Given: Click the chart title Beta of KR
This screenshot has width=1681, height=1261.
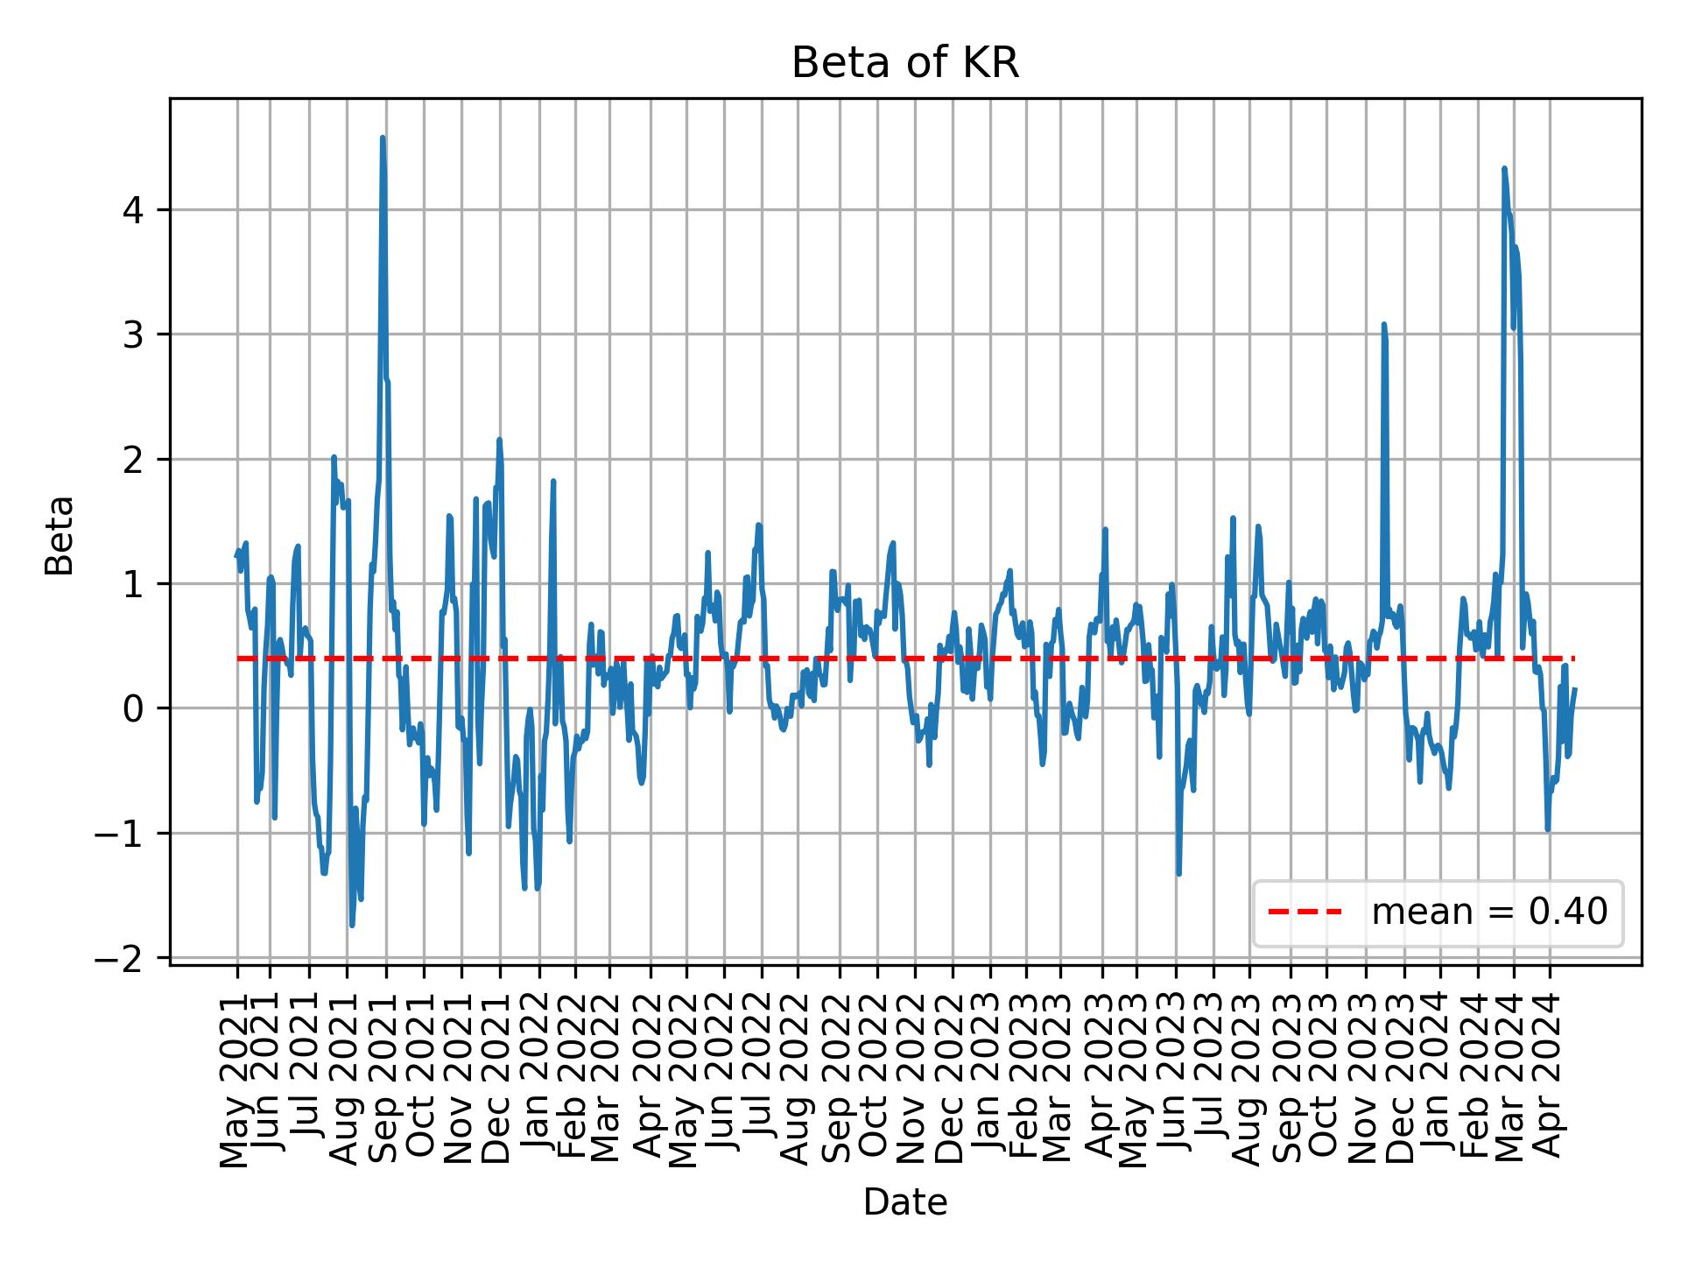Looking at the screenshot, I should tap(904, 64).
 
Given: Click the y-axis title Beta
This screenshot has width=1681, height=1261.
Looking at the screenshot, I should tap(60, 535).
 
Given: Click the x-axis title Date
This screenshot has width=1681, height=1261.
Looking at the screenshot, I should tap(904, 1202).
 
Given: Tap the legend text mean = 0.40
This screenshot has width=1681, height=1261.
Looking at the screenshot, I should tap(1489, 912).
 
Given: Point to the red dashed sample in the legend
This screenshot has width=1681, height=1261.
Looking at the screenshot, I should tap(1305, 912).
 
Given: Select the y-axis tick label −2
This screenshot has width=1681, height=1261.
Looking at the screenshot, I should tap(123, 959).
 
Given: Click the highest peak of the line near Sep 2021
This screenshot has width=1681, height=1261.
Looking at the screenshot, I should tap(383, 137).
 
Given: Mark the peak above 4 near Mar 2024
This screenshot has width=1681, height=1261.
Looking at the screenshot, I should tap(1504, 168).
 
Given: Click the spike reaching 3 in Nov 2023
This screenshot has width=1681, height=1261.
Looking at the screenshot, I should tap(1383, 324).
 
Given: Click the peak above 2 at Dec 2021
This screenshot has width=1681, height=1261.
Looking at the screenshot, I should tap(499, 440).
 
